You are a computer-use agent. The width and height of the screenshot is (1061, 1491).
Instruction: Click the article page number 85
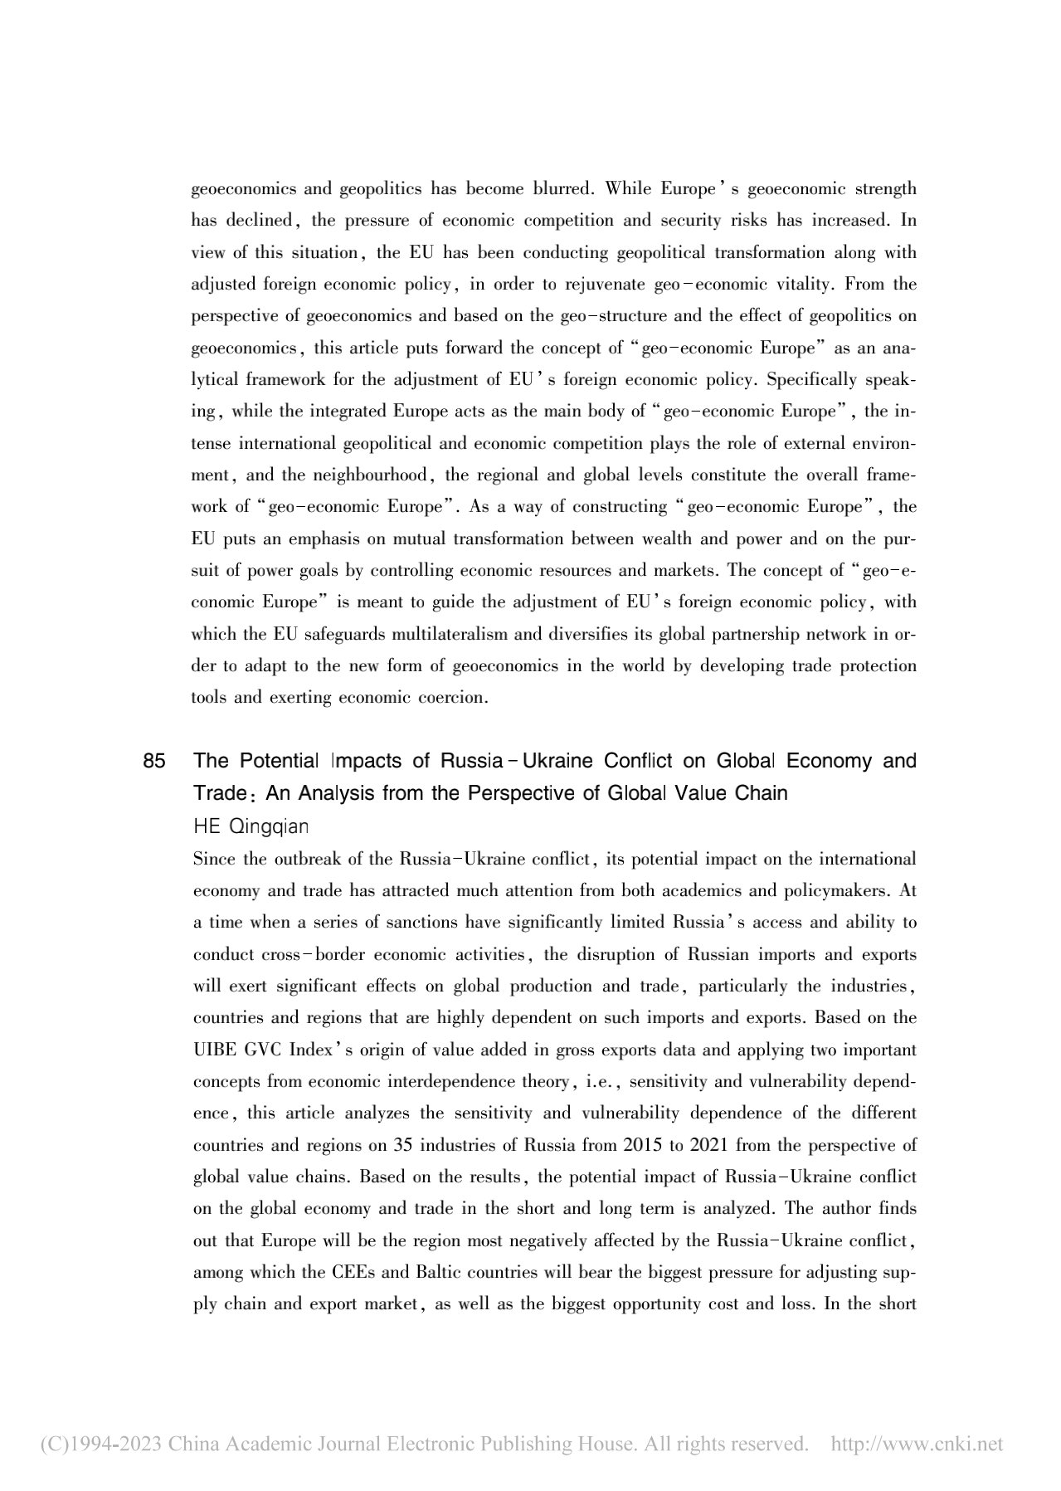(x=154, y=761)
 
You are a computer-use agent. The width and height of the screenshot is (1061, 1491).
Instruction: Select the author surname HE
(x=206, y=827)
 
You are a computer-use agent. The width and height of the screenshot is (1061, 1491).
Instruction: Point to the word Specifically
(x=814, y=380)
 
